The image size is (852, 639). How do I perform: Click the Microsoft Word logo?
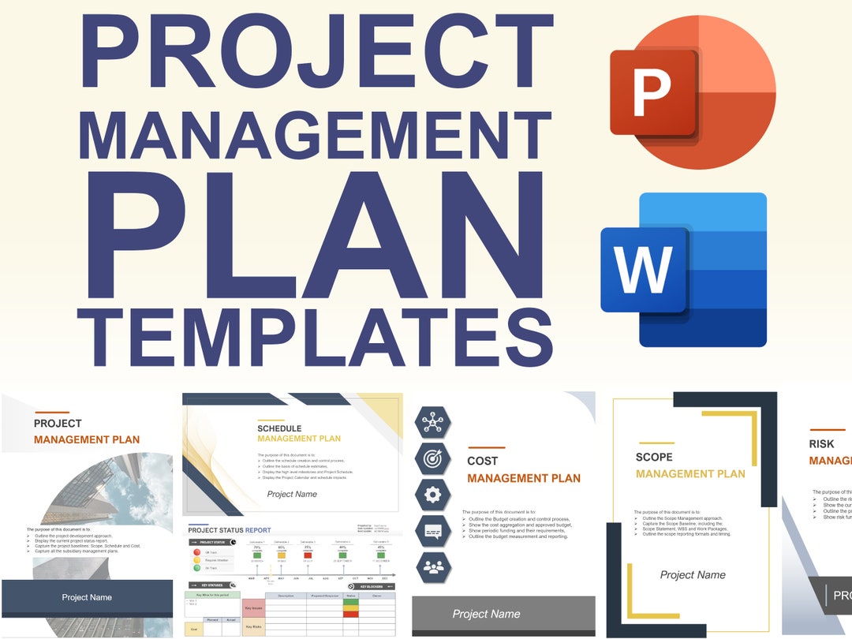coord(683,270)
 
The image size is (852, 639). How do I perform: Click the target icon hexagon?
coord(433,458)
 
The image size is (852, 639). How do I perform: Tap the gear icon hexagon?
coord(433,495)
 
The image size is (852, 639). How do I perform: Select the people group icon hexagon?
coord(433,566)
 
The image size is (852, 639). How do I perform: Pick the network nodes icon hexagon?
coord(433,423)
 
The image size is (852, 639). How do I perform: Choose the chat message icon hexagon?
coord(433,530)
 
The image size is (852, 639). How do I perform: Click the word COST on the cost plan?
coord(483,461)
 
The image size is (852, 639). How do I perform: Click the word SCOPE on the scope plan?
coord(654,457)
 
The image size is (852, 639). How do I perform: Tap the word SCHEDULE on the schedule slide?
coord(279,428)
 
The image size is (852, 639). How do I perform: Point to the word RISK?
coord(821,444)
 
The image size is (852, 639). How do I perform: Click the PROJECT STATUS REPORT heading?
coord(230,530)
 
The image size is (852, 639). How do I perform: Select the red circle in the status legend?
coord(196,553)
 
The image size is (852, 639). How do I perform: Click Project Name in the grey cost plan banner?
coord(486,614)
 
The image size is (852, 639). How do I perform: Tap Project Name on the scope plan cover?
coord(693,575)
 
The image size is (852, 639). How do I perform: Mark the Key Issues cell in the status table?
coord(253,608)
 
